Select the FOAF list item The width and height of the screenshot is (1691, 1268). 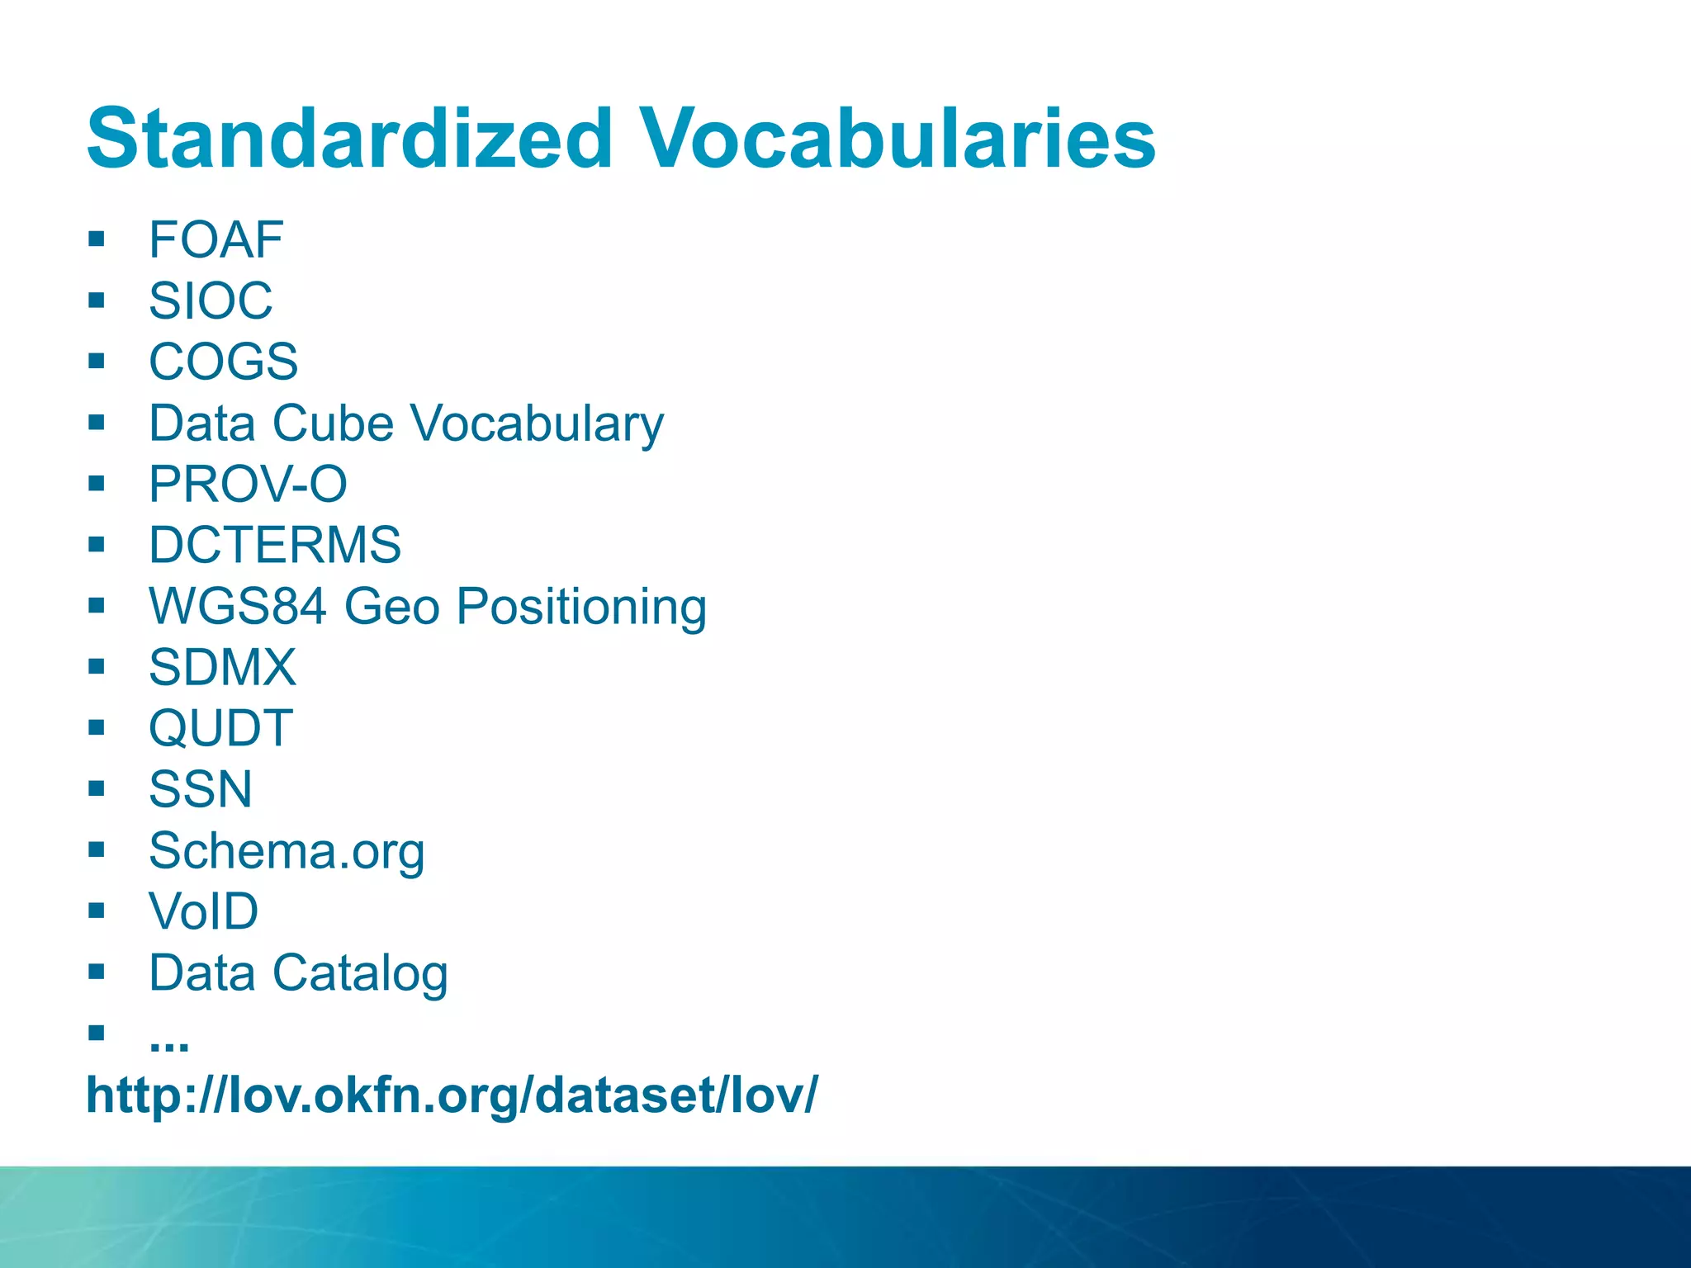[216, 240]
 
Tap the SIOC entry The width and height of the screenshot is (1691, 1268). [211, 300]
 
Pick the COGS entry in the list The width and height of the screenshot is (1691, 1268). [223, 362]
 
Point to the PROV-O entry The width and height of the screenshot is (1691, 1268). [248, 484]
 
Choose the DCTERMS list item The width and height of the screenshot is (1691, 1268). [275, 545]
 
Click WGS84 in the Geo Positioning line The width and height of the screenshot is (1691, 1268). [238, 606]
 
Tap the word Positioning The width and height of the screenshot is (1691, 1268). [581, 608]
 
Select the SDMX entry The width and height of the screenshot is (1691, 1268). [222, 667]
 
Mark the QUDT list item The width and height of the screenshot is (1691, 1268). [220, 728]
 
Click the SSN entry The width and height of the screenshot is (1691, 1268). [201, 789]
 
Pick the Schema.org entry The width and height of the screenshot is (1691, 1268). [287, 851]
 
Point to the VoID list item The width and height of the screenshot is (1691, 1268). [203, 911]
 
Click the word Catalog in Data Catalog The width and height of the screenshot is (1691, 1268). [360, 973]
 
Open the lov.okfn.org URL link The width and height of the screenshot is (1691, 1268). [452, 1095]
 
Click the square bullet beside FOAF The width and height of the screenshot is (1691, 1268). [97, 239]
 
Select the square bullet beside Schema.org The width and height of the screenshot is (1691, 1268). [97, 849]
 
